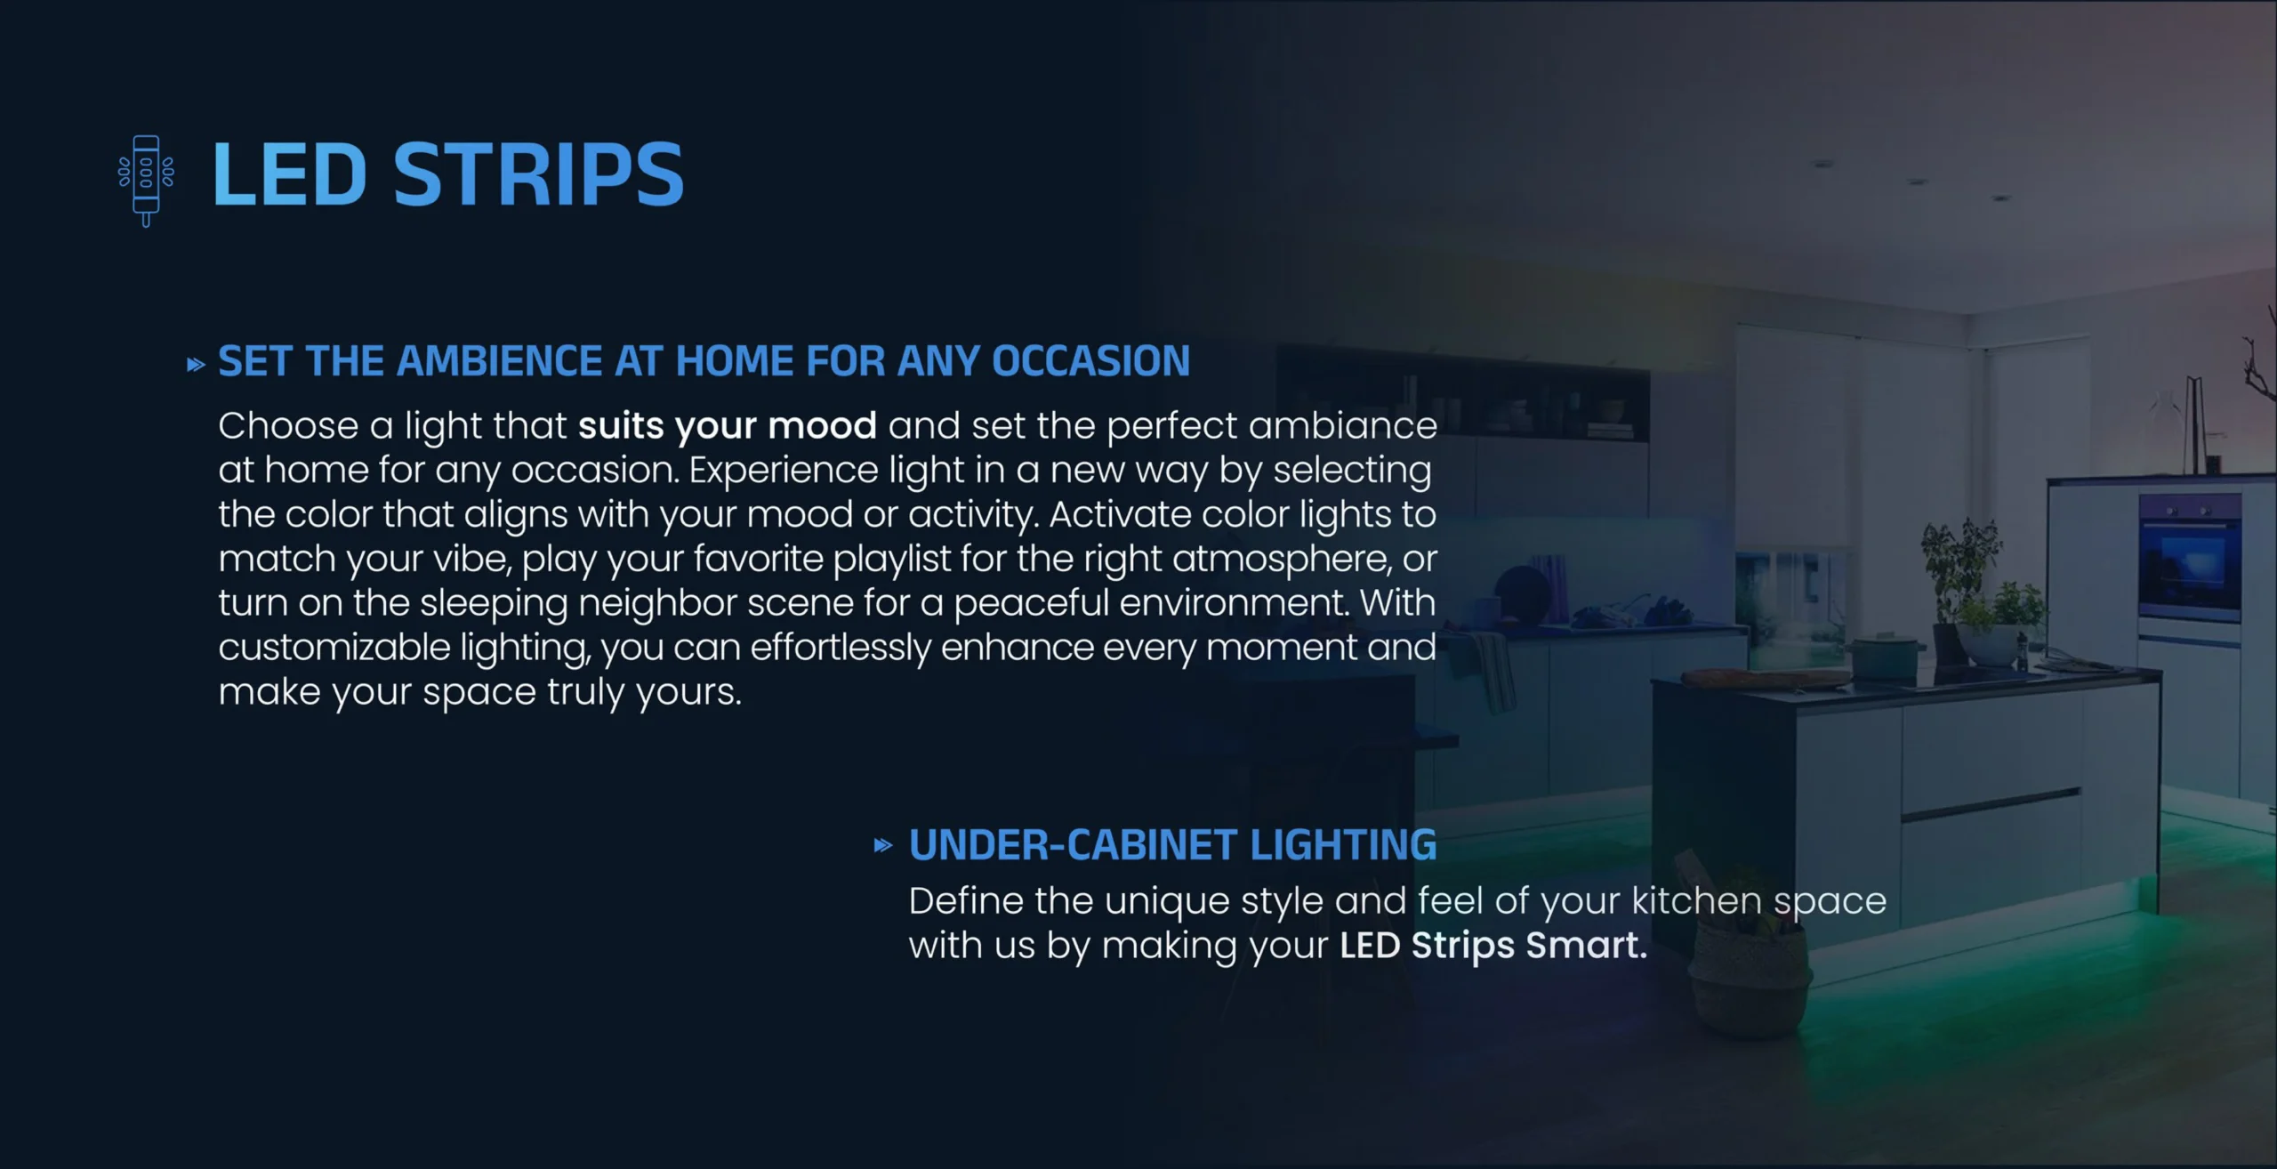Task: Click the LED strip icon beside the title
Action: (x=147, y=180)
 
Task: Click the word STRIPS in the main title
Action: (x=538, y=174)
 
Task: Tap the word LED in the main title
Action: (x=289, y=174)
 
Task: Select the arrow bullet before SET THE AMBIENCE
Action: (x=196, y=365)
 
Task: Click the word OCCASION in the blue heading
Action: (x=1090, y=361)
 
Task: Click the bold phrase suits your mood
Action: (x=728, y=426)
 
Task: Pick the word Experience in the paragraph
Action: (x=784, y=471)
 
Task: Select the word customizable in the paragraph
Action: (x=334, y=648)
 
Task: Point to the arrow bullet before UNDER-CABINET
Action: (x=882, y=845)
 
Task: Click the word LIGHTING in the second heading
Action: (x=1343, y=845)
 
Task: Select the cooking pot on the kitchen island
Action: (x=1884, y=657)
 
